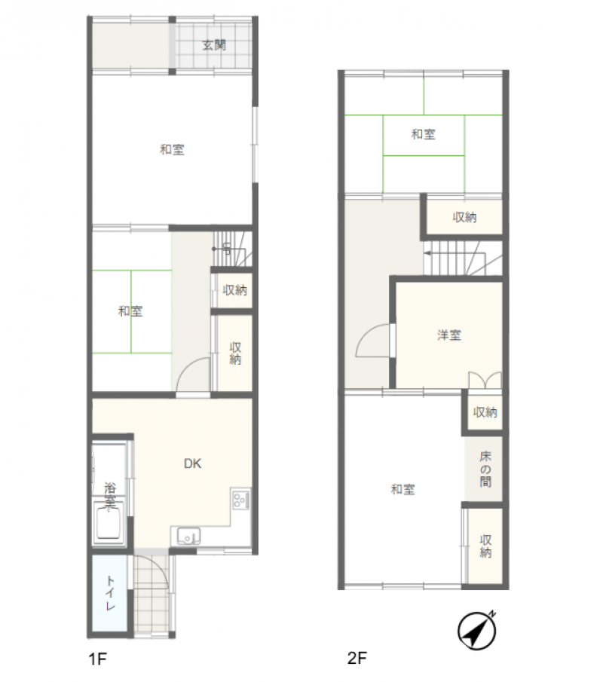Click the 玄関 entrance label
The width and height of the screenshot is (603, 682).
click(x=214, y=44)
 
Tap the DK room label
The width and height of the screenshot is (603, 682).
click(x=192, y=463)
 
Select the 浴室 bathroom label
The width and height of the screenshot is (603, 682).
click(x=110, y=495)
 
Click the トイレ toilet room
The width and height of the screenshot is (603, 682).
click(x=109, y=593)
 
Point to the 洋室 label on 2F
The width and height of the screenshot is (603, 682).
click(x=449, y=335)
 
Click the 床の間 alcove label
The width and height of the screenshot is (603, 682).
click(x=485, y=469)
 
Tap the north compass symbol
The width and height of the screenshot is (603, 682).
click(x=477, y=630)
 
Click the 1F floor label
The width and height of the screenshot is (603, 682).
click(x=97, y=659)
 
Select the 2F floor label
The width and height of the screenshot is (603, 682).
click(x=357, y=658)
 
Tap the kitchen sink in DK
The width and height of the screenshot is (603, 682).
click(x=188, y=537)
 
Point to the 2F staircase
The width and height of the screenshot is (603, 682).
click(x=463, y=258)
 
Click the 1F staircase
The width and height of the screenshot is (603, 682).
click(x=232, y=249)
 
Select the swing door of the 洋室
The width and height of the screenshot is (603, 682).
click(x=374, y=341)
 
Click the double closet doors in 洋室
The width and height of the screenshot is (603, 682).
click(x=485, y=380)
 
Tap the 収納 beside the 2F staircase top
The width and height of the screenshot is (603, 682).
click(x=464, y=216)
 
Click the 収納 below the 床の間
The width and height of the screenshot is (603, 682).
click(x=485, y=546)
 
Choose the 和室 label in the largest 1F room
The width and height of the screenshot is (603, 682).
click(x=173, y=150)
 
